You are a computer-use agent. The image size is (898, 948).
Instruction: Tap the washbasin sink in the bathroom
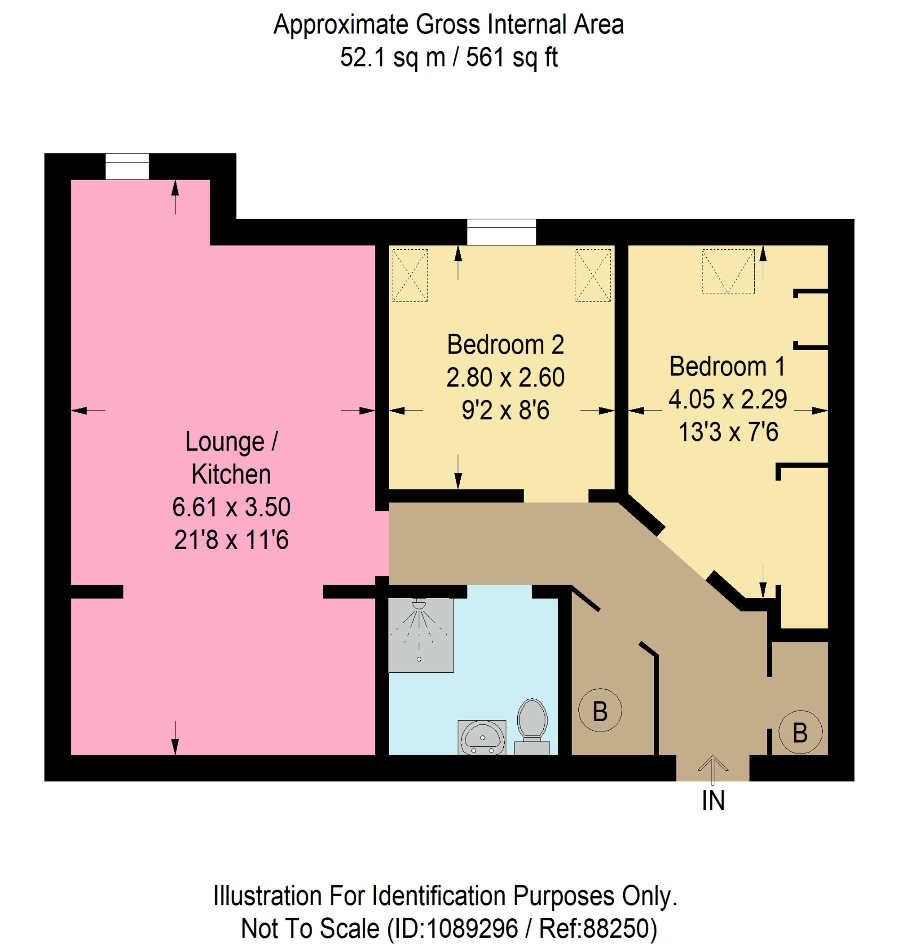[x=481, y=737]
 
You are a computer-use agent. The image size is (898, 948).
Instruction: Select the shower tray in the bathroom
[x=420, y=635]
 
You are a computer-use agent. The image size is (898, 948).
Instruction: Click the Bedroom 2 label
[x=506, y=345]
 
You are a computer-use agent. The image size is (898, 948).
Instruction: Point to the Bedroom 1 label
[x=727, y=367]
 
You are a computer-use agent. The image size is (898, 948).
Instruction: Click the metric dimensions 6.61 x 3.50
[x=231, y=507]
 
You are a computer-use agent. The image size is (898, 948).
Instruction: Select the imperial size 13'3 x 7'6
[x=728, y=432]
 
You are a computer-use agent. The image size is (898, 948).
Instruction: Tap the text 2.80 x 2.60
[x=506, y=377]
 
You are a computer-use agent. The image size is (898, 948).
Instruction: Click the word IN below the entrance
[x=713, y=801]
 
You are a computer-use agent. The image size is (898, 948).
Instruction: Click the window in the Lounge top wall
[x=127, y=166]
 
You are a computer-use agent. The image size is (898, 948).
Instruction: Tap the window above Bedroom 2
[x=501, y=232]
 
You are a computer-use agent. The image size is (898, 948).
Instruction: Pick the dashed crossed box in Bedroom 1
[x=727, y=271]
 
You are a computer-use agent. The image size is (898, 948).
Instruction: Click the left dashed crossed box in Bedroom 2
[x=410, y=275]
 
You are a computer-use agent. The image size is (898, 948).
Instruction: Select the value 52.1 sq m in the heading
[x=392, y=58]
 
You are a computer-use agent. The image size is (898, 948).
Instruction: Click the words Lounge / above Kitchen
[x=231, y=441]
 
